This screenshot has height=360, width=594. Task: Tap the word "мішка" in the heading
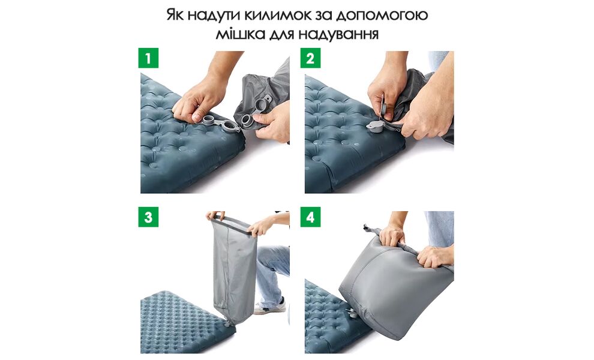(x=240, y=34)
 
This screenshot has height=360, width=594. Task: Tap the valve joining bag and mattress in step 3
(x=228, y=323)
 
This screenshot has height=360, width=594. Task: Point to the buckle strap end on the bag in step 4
(x=367, y=229)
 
